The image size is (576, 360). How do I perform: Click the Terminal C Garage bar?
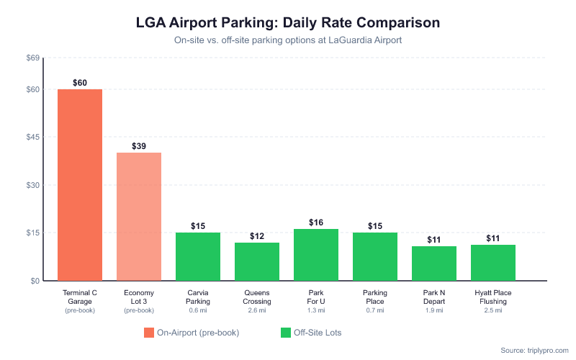point(80,185)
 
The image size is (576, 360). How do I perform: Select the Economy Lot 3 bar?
point(139,217)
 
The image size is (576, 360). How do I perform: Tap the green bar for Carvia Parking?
point(198,256)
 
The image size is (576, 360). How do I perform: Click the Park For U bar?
point(316,255)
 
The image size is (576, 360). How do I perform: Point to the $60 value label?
point(80,83)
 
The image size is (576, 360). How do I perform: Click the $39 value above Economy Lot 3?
point(139,146)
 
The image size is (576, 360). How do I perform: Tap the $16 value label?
point(316,222)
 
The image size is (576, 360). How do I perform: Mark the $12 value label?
point(257,236)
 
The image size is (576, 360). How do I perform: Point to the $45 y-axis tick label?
point(32,138)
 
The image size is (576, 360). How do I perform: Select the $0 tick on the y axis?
point(35,281)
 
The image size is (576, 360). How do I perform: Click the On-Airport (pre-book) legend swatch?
point(149,333)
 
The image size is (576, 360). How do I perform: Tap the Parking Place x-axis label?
point(375,297)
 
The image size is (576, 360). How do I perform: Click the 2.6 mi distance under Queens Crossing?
point(257,310)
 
